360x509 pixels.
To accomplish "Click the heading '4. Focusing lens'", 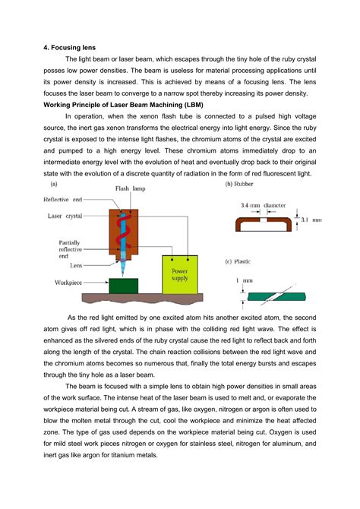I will [71, 46].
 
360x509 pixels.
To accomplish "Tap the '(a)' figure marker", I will [56, 185].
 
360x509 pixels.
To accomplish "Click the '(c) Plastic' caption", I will [242, 261].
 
